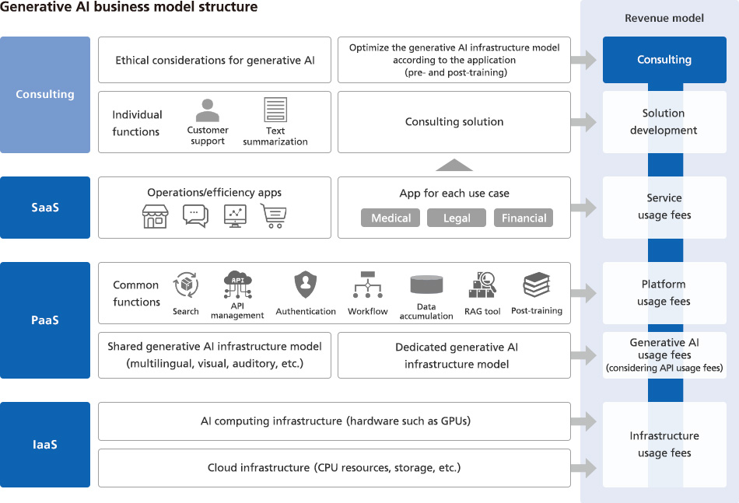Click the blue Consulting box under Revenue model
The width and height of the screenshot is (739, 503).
click(664, 60)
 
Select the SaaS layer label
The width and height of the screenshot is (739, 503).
click(45, 208)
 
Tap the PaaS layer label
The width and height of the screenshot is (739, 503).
click(45, 320)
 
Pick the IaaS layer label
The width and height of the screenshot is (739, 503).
click(45, 445)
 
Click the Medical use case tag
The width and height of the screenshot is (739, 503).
click(391, 218)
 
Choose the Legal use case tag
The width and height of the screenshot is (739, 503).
click(457, 218)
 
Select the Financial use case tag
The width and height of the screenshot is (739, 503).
click(524, 218)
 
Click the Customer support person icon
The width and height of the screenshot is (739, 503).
click(208, 110)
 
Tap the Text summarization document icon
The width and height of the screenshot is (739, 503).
click(275, 110)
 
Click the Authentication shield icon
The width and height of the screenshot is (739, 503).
click(305, 285)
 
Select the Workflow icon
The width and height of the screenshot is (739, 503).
click(367, 285)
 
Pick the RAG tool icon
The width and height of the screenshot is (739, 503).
click(482, 285)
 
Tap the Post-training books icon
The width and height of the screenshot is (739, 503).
click(537, 285)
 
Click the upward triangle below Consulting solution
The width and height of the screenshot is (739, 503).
click(454, 164)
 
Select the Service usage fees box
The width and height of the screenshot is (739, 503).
click(664, 207)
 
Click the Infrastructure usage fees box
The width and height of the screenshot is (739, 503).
click(664, 445)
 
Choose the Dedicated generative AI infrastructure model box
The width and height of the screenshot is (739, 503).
click(457, 356)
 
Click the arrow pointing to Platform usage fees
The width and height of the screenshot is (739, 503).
click(584, 293)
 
